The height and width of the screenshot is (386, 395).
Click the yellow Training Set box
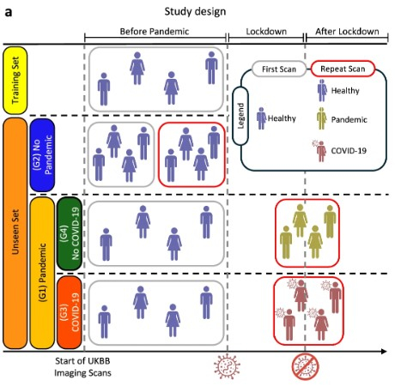(15, 81)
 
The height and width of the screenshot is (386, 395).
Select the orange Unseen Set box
(15, 233)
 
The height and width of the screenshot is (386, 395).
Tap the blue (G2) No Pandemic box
(42, 155)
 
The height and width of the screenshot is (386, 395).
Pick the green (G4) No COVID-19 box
(70, 233)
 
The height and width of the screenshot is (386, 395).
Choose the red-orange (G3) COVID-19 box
(70, 312)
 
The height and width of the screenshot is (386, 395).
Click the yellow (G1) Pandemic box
(42, 273)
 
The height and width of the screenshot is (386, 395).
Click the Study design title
(195, 12)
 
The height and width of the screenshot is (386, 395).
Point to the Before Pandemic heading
(155, 31)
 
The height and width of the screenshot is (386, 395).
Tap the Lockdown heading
(266, 31)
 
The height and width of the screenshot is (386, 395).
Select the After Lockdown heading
(347, 31)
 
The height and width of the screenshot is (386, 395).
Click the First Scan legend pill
(279, 69)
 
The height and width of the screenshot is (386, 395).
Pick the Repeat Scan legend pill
(343, 69)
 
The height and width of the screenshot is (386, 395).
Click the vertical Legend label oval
(240, 116)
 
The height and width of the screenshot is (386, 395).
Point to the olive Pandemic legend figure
(322, 118)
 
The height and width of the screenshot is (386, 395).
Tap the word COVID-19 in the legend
(349, 151)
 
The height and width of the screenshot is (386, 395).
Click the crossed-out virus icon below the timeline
(306, 367)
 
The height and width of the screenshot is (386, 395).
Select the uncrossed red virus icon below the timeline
(228, 366)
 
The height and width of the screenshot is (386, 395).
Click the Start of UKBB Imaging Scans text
(82, 367)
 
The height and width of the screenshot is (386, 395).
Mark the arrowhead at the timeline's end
(384, 352)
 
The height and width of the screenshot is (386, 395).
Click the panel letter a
(9, 12)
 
